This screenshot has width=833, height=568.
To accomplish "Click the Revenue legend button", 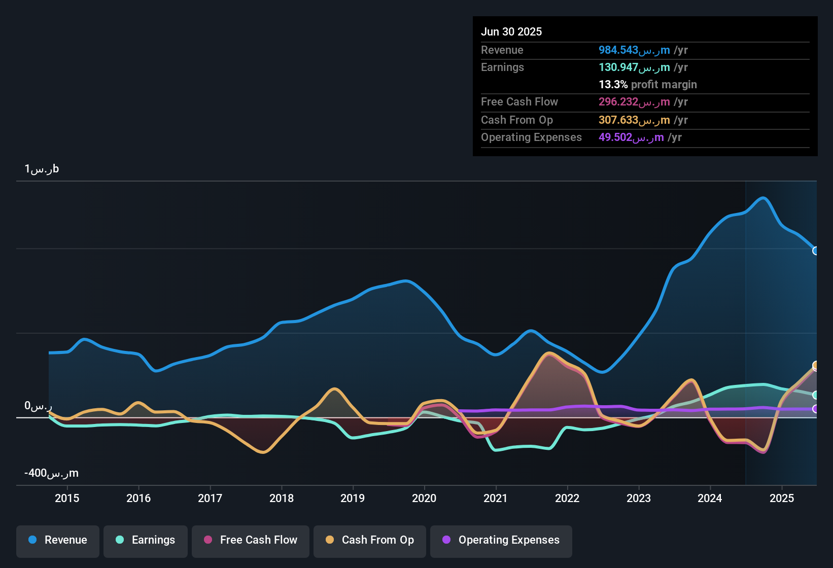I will coord(58,540).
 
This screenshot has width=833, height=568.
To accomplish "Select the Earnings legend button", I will coord(146,540).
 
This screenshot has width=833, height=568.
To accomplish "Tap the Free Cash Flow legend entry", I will coord(251,540).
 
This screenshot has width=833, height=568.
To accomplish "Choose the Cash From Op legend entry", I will coord(370,540).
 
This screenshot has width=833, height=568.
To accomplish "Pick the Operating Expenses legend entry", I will coord(501,540).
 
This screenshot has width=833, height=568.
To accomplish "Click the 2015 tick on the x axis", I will coord(67,498).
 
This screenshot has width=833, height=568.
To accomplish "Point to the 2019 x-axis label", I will coord(353,498).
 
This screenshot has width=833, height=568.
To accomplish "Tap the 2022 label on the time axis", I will coord(567,498).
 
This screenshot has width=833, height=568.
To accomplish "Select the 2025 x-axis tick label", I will coord(782,498).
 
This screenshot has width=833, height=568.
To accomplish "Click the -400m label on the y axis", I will coord(51,473).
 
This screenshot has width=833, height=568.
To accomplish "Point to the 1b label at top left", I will coord(42,169).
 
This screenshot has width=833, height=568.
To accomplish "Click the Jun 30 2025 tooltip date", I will coord(511,31).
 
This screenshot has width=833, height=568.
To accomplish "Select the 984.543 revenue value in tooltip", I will coord(634,50).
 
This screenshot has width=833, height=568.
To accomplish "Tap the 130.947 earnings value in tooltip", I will coord(634,67).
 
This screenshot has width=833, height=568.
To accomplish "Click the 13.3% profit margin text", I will coord(648,85).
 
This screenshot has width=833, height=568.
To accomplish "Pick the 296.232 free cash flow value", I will coord(634,102).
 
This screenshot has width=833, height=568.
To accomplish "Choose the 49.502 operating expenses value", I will coord(631,137).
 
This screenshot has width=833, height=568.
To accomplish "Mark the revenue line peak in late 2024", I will coord(763,198).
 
